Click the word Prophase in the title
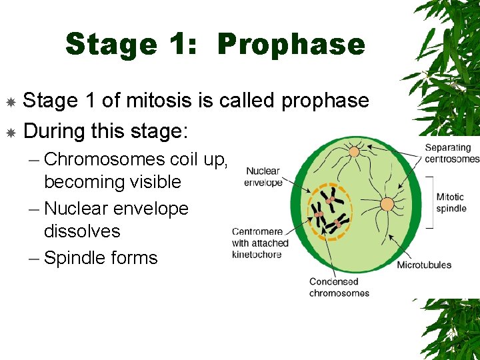coord(291,45)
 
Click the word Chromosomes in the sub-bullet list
coord(104,159)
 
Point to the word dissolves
coord(82,231)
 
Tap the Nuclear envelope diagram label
coord(263,177)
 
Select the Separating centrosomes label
coord(451,153)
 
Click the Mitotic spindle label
coord(451,203)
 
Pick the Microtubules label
coord(424,265)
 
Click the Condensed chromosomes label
coord(339,287)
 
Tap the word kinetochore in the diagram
coord(257,254)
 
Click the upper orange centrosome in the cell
coord(355,152)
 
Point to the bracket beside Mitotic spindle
coord(429,203)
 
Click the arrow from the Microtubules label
coord(407,247)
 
